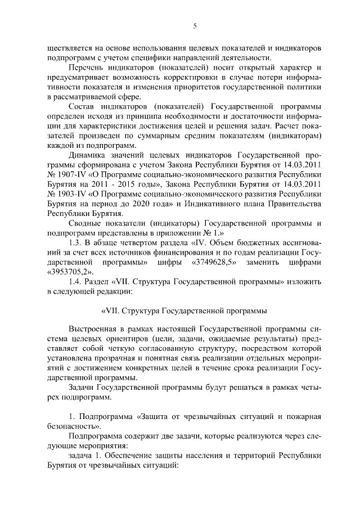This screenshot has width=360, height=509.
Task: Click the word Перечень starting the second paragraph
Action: [x=86, y=67]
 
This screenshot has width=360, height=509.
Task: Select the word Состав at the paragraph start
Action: [x=82, y=106]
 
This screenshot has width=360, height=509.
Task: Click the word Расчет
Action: [x=295, y=126]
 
